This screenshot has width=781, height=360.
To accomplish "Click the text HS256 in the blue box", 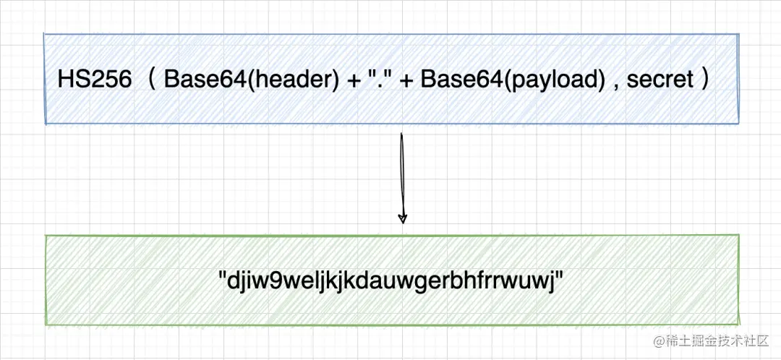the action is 95,80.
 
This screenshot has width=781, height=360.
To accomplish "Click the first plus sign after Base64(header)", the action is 354,80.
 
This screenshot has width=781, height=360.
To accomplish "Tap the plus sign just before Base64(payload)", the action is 406,80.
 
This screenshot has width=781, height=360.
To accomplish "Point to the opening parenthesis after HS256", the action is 152,80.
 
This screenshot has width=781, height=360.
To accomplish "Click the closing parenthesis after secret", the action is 704,80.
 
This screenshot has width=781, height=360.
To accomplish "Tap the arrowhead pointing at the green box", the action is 403,218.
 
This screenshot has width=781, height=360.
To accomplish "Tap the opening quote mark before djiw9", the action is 223,276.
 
